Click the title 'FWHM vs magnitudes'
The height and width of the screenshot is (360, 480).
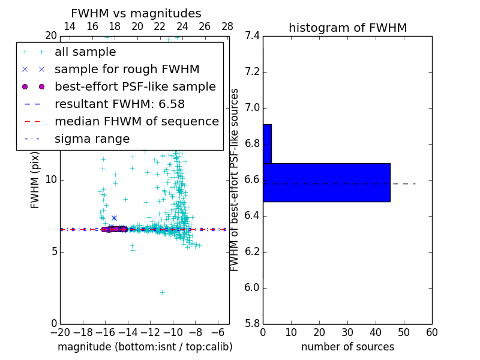pos(136,13)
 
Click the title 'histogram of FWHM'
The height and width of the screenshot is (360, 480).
pos(347,28)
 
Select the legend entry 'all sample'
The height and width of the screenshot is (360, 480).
pos(85,52)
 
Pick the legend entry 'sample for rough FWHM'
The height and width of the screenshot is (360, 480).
pos(127,70)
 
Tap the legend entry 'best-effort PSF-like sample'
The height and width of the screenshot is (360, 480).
pos(135,86)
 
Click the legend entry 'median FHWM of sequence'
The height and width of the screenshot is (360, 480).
pos(136,121)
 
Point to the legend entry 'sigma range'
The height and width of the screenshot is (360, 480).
pos(92,139)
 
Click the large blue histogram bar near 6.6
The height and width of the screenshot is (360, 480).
pos(326,182)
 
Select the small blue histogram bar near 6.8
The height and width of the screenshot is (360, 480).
pos(267,143)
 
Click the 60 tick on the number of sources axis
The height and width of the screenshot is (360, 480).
pos(431,332)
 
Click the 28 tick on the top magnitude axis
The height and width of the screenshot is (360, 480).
pos(227,26)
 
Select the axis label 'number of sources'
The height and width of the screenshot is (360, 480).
pos(347,347)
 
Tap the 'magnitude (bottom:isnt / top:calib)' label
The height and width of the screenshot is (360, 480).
pos(145,347)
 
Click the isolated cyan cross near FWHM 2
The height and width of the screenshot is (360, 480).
pos(162,292)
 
